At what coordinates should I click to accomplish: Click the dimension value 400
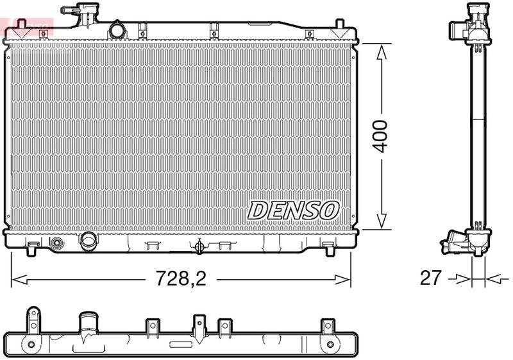pos(381,136)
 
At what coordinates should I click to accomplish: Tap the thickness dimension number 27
pos(431,278)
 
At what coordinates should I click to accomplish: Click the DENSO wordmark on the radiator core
pos(292,209)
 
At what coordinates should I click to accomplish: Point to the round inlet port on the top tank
pos(117,30)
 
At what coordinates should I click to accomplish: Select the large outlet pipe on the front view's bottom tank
pos(87,241)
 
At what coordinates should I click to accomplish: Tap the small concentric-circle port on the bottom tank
pos(56,243)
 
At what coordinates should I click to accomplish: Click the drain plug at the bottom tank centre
pos(199,246)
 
